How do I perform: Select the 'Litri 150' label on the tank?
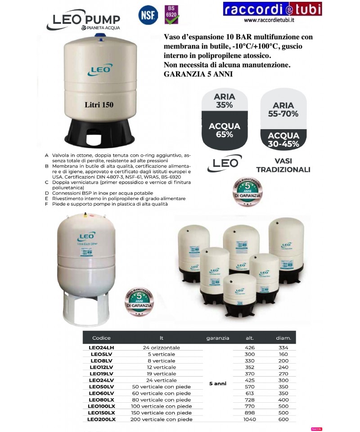99,104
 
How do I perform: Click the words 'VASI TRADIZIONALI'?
283,165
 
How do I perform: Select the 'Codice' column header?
101,338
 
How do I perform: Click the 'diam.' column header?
283,338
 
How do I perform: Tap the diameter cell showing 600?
283,419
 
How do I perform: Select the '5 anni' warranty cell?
218,383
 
